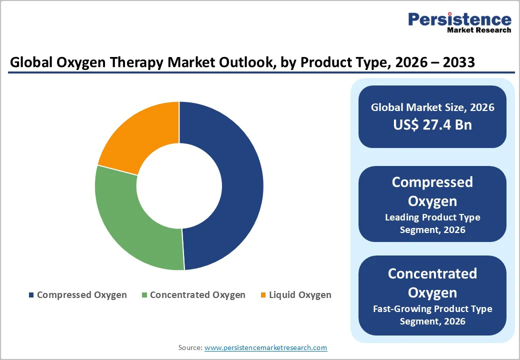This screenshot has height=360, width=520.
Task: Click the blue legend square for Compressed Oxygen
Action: (x=31, y=295)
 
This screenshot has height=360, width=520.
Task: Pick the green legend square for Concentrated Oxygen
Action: (x=144, y=295)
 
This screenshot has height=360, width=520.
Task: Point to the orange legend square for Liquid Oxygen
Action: (x=263, y=295)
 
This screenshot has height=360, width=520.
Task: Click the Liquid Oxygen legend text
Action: (x=300, y=295)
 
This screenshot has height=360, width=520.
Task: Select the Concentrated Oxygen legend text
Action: (x=197, y=295)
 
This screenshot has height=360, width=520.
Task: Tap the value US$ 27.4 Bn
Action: (x=432, y=124)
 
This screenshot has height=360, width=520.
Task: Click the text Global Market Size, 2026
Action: (x=432, y=107)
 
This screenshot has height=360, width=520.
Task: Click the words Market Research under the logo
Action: (x=479, y=30)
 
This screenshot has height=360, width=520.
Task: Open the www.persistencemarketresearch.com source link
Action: (x=265, y=347)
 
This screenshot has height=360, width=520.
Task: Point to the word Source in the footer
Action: (x=190, y=347)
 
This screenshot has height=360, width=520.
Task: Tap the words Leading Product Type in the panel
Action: (x=432, y=217)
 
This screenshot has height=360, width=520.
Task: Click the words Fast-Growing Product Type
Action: (x=432, y=308)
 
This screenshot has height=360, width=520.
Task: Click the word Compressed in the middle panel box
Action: (x=432, y=182)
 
